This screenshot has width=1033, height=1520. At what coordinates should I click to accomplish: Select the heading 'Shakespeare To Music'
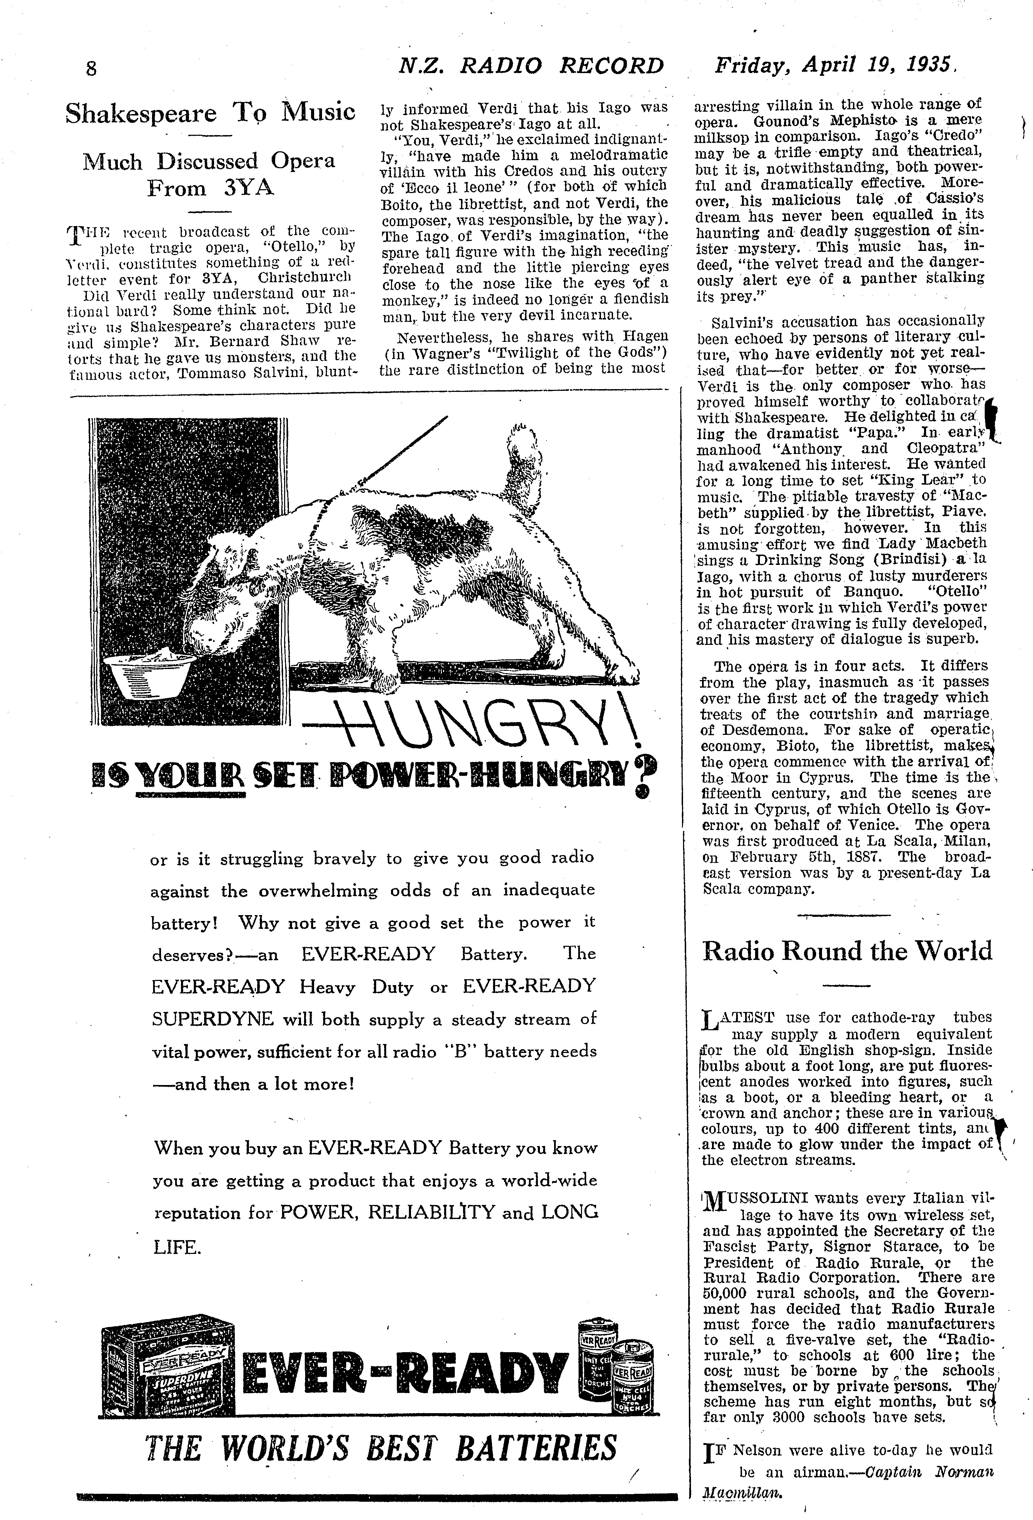coord(210,113)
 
